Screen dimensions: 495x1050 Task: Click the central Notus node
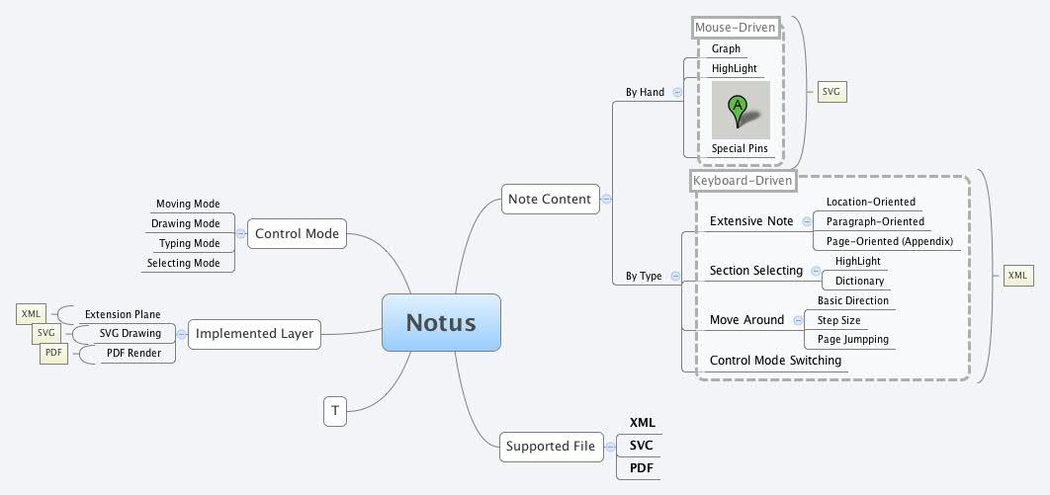[441, 322]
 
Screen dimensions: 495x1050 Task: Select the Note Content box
[549, 199]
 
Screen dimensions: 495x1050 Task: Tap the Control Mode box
[297, 234]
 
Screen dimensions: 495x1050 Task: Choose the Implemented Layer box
[254, 333]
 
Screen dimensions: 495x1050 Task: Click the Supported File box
[550, 446]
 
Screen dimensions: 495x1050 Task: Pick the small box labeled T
[335, 410]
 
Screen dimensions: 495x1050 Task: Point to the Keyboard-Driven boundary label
[743, 181]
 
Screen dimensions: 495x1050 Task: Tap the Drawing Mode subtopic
[186, 223]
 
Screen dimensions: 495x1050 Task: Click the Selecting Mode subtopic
[184, 263]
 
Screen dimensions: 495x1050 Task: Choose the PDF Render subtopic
[133, 353]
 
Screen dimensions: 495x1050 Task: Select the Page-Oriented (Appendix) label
[889, 241]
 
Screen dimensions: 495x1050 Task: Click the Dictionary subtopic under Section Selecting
[859, 281]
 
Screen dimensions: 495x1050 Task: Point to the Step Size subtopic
[837, 320]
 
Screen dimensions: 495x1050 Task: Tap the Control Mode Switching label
[775, 361]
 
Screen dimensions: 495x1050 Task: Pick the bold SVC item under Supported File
[642, 446]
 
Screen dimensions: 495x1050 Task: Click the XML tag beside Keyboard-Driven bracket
[1017, 275]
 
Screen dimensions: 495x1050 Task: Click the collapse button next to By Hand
[677, 92]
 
